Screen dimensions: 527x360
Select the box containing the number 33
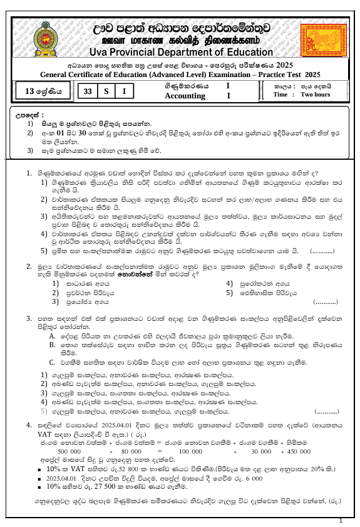coord(88,91)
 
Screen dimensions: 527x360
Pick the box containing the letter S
coord(107,91)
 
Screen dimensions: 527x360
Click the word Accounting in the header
coord(185,96)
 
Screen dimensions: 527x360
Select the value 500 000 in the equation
coord(69,451)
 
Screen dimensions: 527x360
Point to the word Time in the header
coord(281,95)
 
